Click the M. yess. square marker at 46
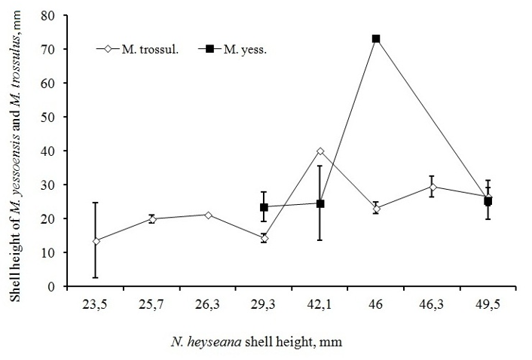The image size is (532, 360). pos(376,38)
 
